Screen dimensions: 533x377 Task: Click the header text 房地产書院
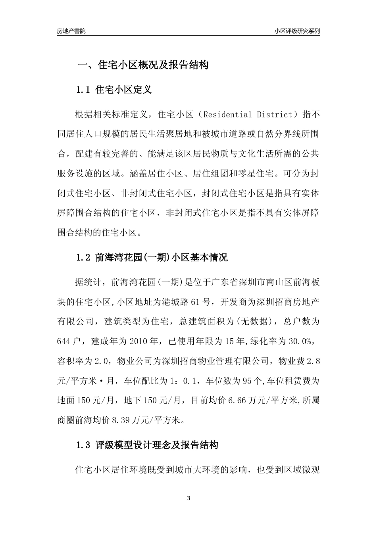71,31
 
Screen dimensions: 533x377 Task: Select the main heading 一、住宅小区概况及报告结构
143,65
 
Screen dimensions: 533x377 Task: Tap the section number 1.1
84,90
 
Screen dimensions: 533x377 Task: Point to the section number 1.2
84,258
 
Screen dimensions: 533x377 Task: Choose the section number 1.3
84,445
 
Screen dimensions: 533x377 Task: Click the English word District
273,115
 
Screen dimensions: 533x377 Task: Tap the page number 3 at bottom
188,498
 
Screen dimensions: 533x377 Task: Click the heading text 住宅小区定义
124,90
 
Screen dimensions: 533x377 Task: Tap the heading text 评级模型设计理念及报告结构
157,445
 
